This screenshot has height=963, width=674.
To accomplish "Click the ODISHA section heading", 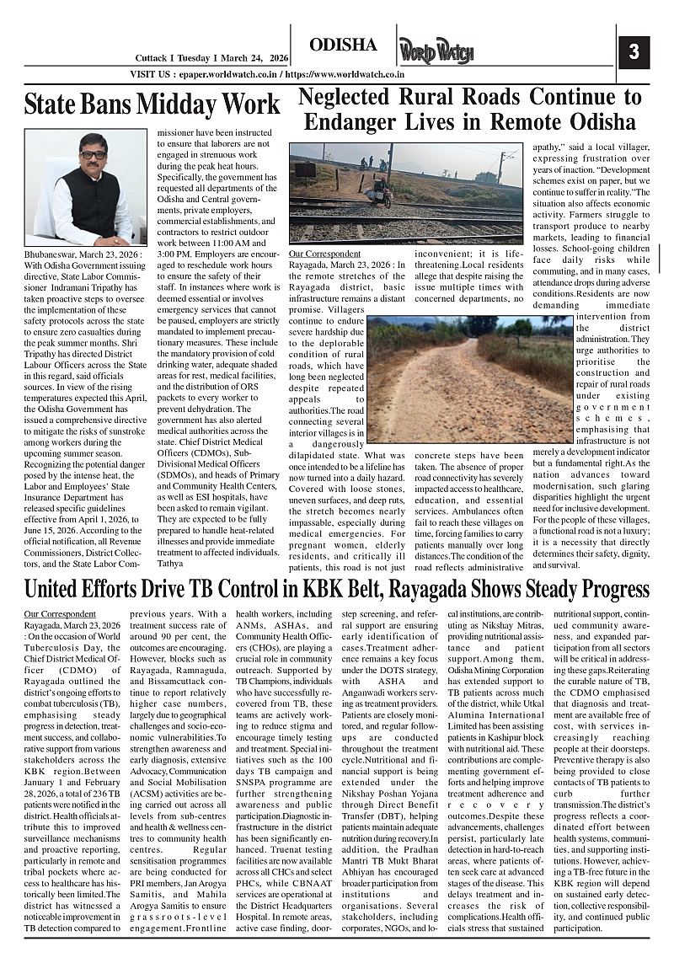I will point(343,45).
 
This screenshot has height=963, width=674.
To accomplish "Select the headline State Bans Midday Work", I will point(152,104).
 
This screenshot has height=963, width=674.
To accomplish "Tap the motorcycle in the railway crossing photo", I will point(382,195).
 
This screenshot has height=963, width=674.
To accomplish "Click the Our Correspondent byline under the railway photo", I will point(324,254).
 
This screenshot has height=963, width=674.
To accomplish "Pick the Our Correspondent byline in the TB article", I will point(60,614).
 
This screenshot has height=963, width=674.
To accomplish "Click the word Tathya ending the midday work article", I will point(171,562).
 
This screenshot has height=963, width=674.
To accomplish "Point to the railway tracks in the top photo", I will point(404,221).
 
